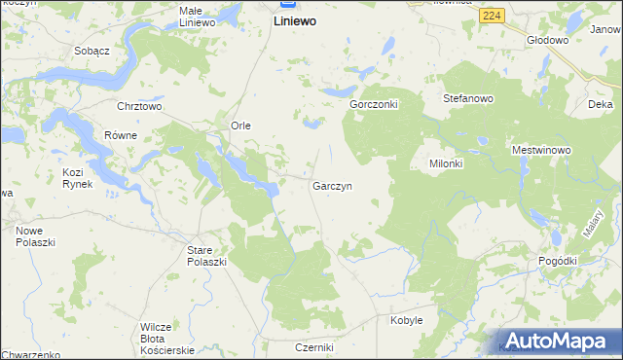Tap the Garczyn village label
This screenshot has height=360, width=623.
[x=332, y=185]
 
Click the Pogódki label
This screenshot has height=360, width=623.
[x=557, y=261]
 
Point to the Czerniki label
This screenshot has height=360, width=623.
[x=314, y=347]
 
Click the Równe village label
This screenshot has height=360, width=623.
[x=121, y=135]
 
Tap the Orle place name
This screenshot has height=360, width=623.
[x=241, y=126]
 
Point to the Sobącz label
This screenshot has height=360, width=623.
[x=90, y=49]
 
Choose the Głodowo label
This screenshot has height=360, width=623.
[x=547, y=40]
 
